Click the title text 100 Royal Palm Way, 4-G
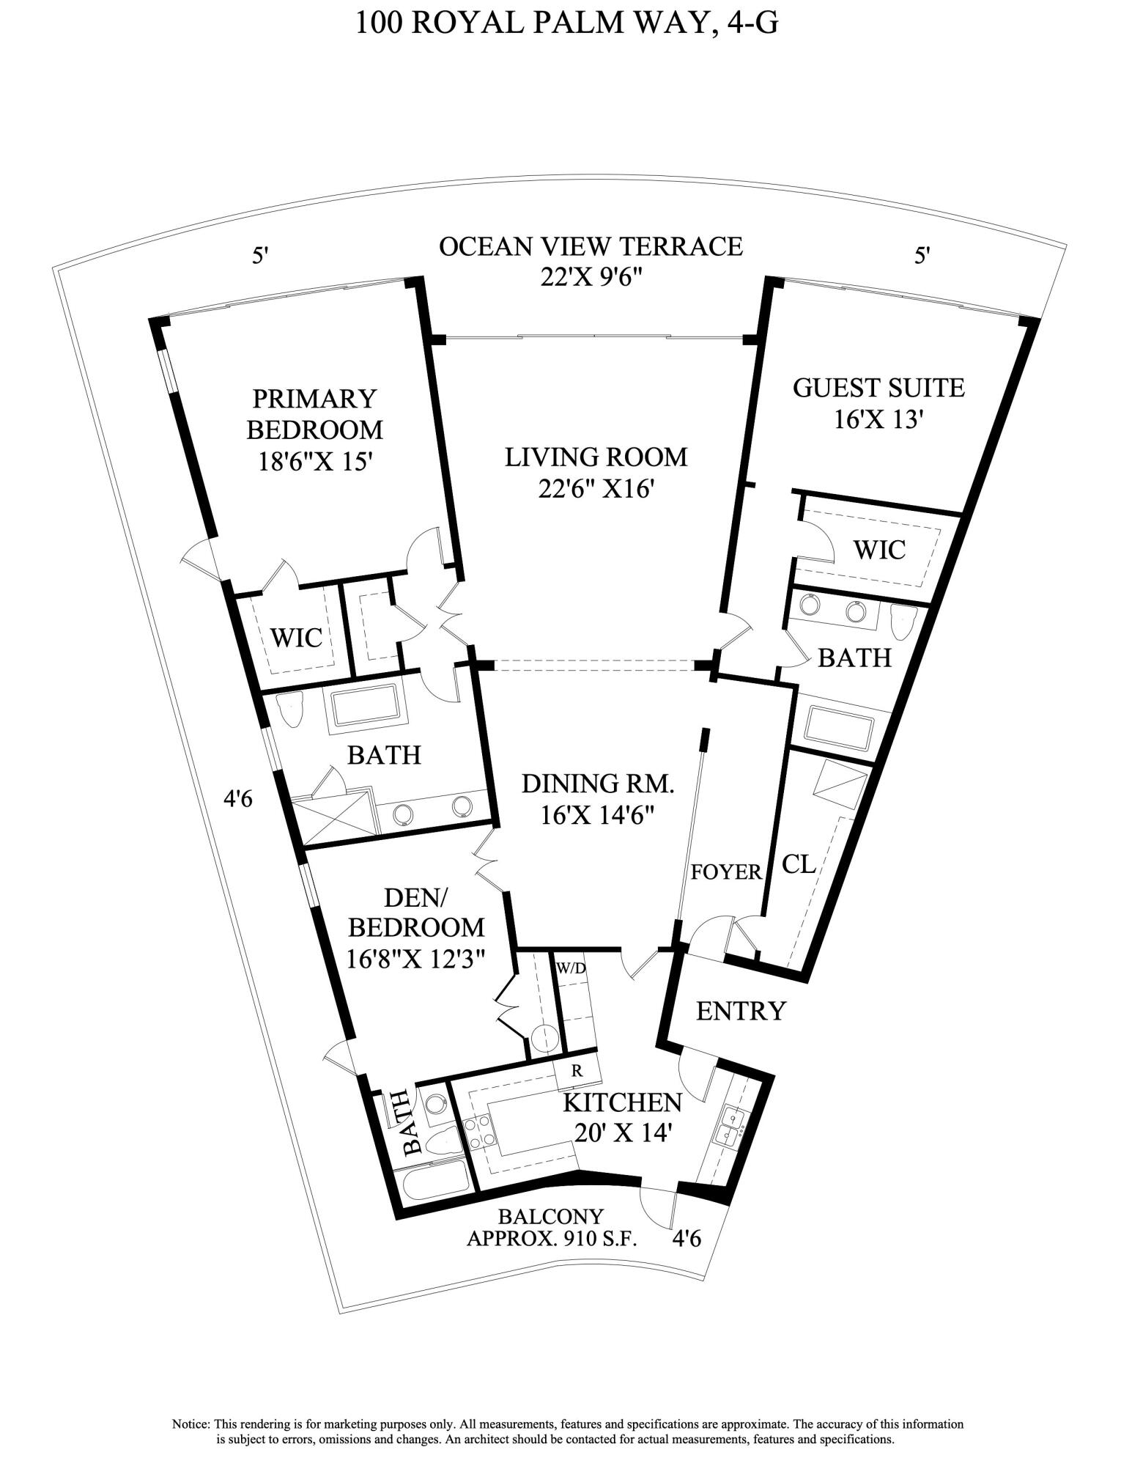coord(566,22)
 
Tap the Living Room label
coord(596,457)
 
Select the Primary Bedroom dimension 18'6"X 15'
coord(316,462)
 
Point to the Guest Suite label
coord(878,387)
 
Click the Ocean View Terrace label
coord(591,246)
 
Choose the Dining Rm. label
coord(597,784)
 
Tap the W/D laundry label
coord(571,968)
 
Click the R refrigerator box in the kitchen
coord(577,1071)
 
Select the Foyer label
coord(726,872)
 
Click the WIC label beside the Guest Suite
coord(880,549)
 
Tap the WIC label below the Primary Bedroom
coord(296,638)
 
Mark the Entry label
coord(740,1011)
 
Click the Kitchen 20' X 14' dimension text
coord(622,1133)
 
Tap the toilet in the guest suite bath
coord(903,622)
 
